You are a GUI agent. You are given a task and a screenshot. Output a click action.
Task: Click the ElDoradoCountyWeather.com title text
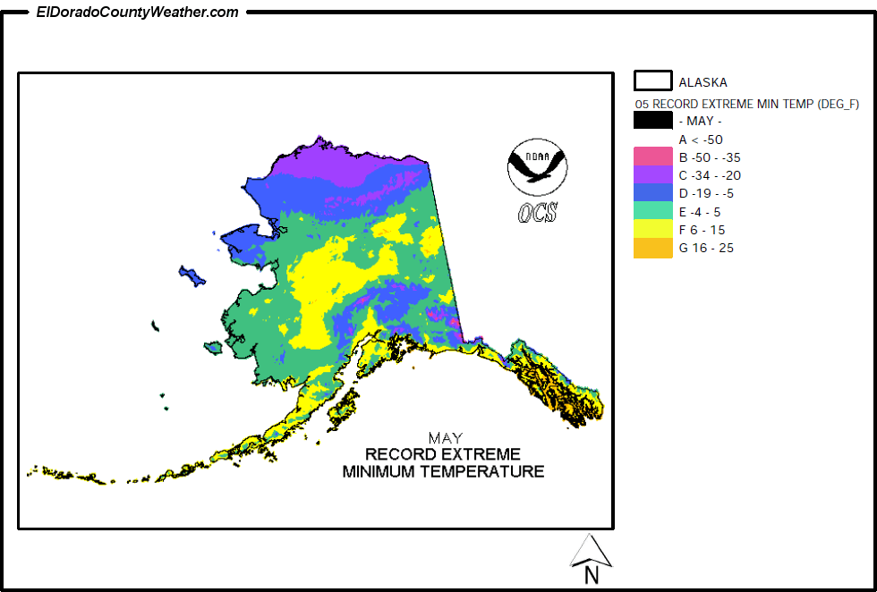coord(137,12)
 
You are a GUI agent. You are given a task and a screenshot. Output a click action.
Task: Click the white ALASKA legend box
coord(652,80)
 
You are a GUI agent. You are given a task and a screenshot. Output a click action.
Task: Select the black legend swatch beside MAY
coord(652,121)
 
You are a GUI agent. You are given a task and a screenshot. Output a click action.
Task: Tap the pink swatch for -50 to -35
coord(652,156)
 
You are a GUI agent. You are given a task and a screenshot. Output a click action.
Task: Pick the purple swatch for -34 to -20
coord(652,175)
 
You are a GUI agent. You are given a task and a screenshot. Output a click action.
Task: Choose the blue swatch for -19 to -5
coord(652,193)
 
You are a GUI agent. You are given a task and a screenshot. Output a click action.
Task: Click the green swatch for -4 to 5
coord(652,211)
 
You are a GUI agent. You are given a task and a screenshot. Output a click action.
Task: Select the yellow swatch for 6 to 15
coord(652,230)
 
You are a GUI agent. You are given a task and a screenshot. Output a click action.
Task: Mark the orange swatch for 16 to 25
coord(652,248)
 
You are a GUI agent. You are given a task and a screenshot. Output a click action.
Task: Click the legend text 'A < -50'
coord(701,140)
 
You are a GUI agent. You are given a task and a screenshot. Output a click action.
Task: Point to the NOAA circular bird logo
coord(537,167)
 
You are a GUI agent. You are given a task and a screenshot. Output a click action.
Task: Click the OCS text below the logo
coord(537,213)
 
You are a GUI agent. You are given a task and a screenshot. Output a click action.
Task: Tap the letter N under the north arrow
coord(591,575)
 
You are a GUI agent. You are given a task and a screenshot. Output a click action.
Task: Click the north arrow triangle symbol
coord(591,550)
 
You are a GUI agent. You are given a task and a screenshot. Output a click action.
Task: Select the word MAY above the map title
coord(445,438)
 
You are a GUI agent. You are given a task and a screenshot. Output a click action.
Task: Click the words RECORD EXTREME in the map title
coord(442,454)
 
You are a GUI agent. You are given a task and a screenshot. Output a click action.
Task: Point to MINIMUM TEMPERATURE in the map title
coord(443,471)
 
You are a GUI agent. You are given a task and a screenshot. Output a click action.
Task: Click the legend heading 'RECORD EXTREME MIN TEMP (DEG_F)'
coord(747,104)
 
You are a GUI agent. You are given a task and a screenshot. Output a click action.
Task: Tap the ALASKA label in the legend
coord(702,82)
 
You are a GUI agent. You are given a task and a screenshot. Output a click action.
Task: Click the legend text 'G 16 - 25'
coord(706,248)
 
